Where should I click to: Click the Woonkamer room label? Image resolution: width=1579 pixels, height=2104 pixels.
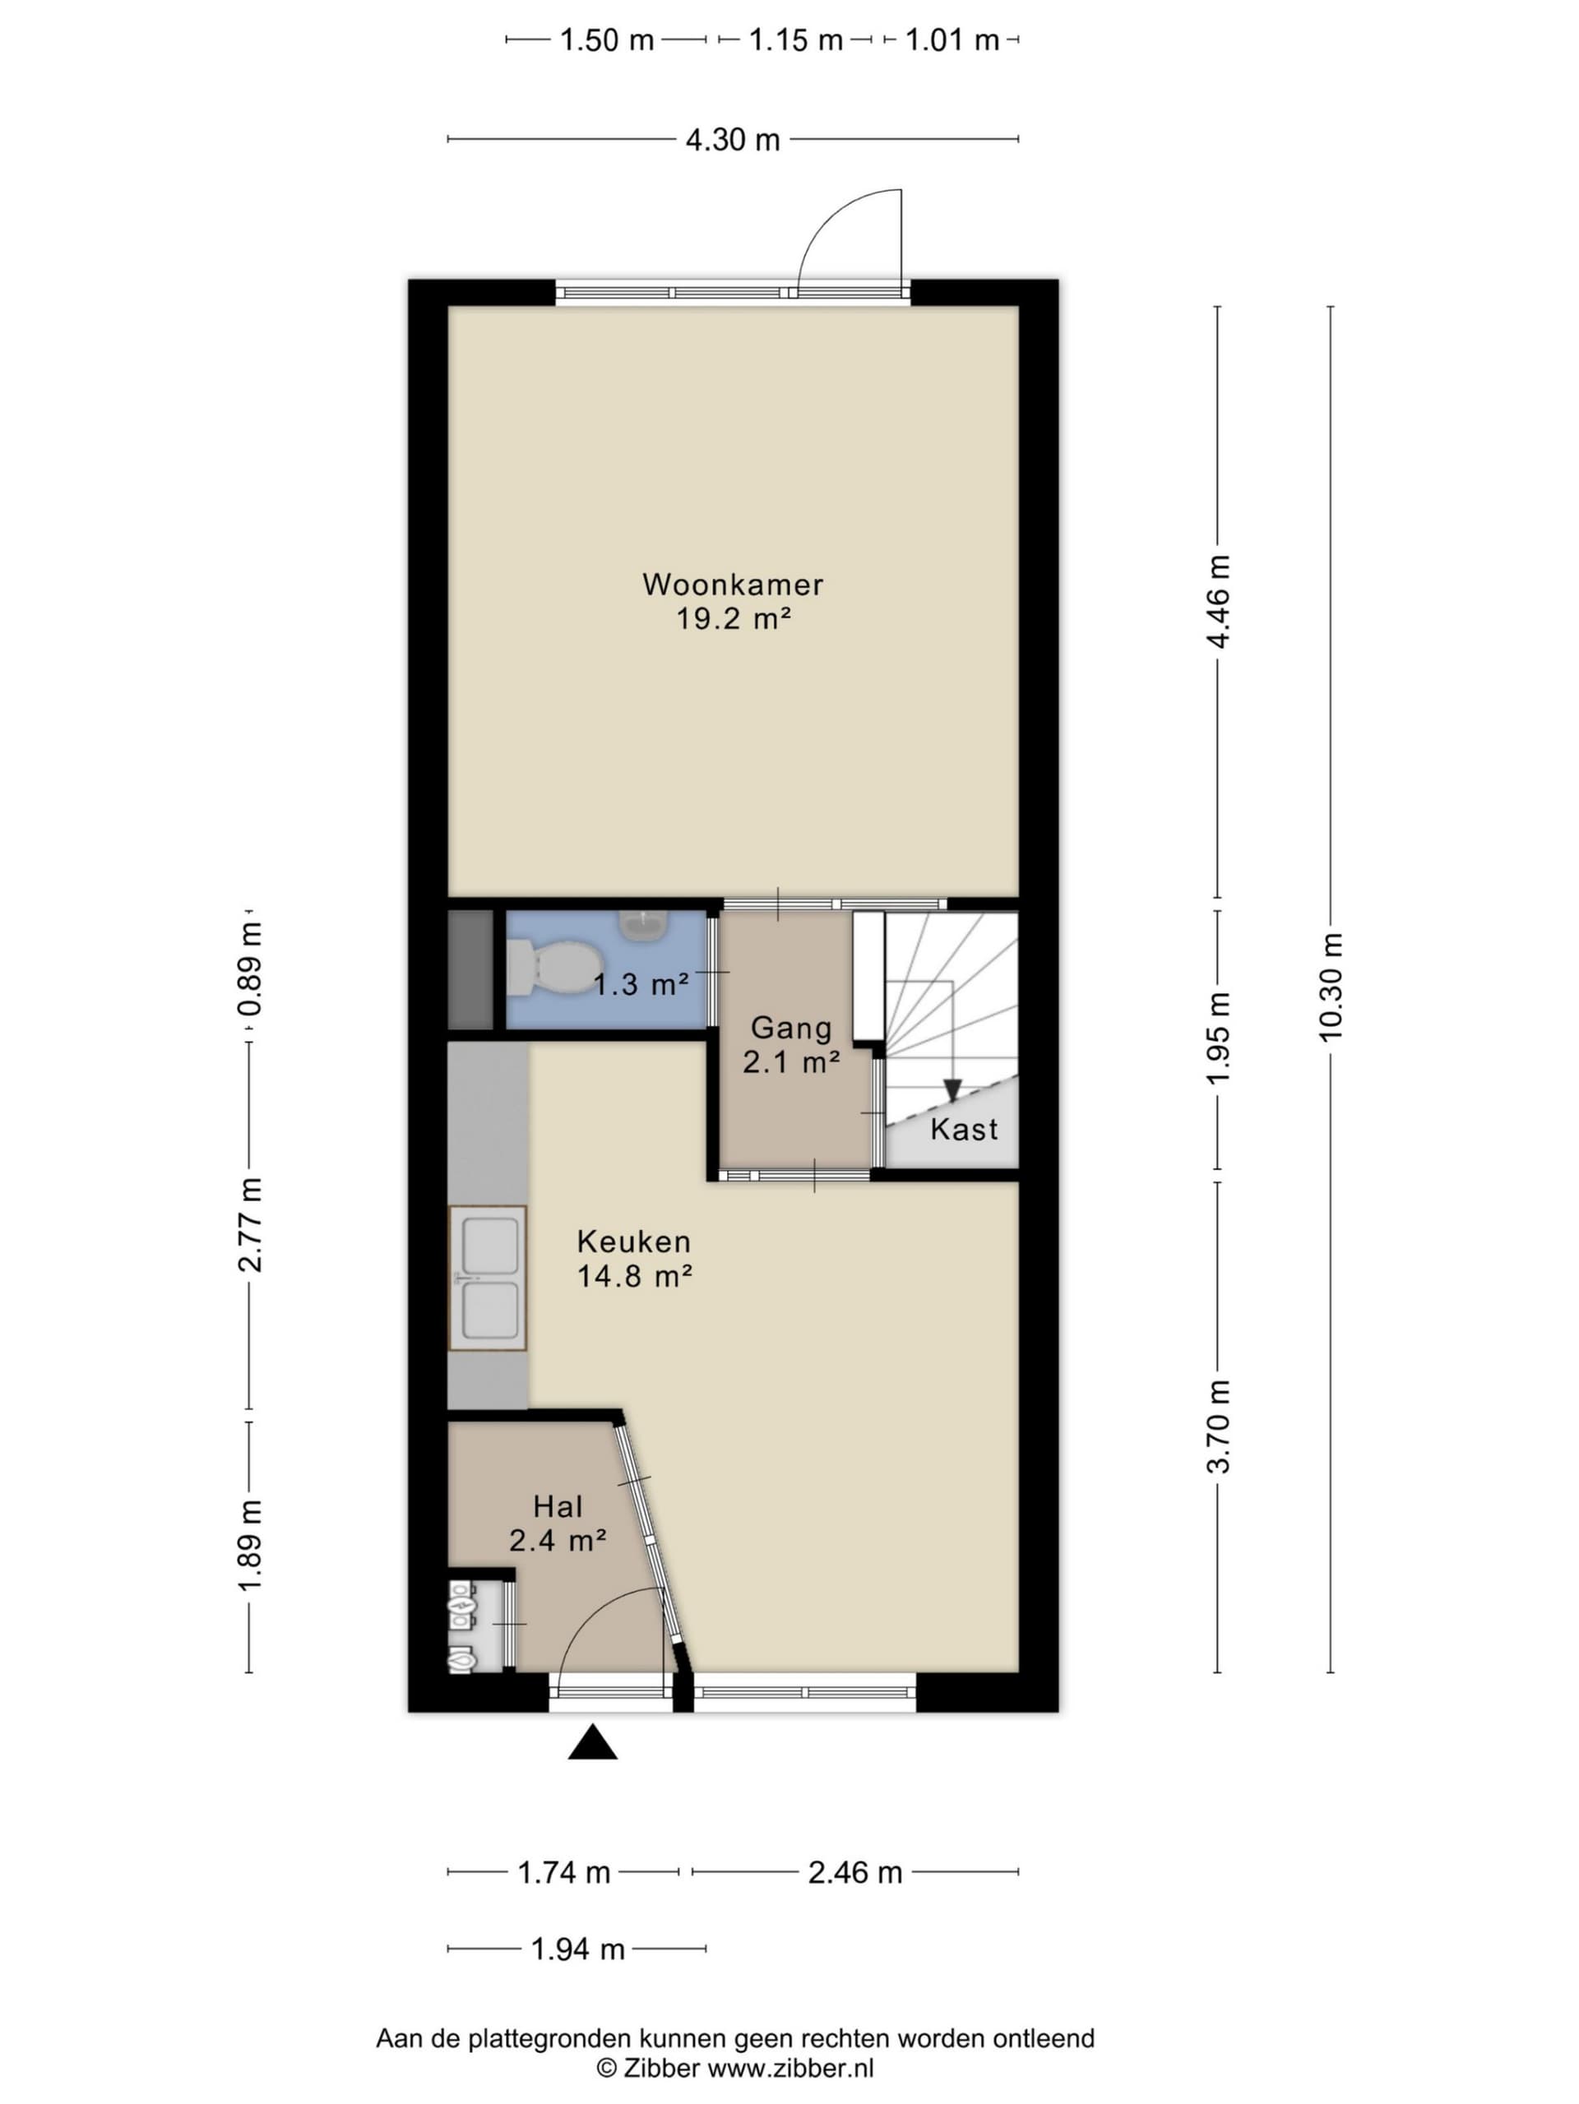point(733,584)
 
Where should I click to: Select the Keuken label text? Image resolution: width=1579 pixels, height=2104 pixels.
point(633,1242)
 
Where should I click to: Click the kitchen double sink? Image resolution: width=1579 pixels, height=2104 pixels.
point(488,1278)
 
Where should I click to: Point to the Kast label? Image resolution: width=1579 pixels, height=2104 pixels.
point(964,1129)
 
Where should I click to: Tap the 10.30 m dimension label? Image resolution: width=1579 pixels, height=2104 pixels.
point(1330,987)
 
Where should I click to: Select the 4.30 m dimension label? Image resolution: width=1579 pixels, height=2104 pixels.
point(733,140)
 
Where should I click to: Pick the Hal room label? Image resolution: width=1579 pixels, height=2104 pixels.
point(558,1506)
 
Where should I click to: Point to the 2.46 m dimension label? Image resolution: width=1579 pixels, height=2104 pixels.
point(855,1873)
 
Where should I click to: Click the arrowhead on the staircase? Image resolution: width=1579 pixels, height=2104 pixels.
point(952,1091)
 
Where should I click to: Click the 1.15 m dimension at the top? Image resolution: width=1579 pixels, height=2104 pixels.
point(796,40)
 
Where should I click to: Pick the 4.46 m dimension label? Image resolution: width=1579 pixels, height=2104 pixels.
point(1217,601)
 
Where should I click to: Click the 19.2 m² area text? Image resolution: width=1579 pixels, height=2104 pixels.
point(734,618)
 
